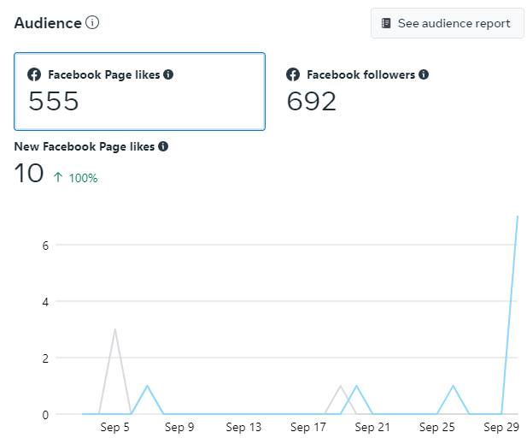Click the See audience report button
click(x=447, y=23)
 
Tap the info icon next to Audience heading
click(x=92, y=23)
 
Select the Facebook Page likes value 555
click(x=54, y=102)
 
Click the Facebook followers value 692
click(x=312, y=102)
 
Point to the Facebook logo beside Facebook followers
click(x=293, y=74)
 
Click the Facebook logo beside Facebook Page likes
click(x=35, y=74)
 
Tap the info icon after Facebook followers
click(x=424, y=74)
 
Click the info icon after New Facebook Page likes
click(x=163, y=146)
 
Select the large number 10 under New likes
click(x=29, y=174)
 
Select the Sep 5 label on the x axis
click(x=114, y=427)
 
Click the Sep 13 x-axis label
click(x=243, y=427)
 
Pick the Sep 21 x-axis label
click(x=372, y=427)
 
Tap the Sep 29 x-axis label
click(x=501, y=427)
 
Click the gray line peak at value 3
click(x=114, y=329)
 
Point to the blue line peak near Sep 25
click(x=453, y=386)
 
